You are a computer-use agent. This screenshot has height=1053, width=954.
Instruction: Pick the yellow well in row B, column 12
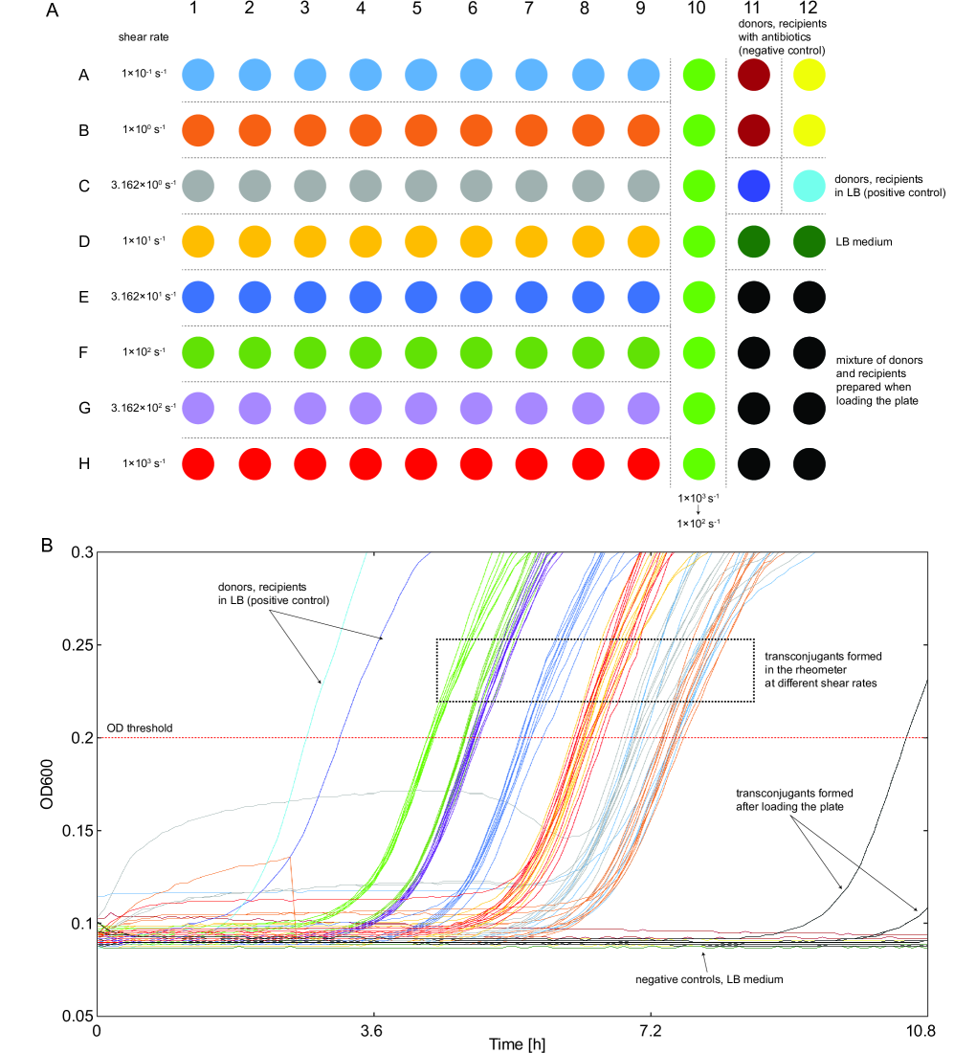click(810, 130)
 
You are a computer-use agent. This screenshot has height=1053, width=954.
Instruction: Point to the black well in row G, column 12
click(810, 408)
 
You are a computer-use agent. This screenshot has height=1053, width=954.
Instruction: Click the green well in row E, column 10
click(699, 297)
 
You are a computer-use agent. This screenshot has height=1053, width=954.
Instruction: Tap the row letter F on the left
click(84, 352)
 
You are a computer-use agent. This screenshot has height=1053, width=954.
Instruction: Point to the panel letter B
click(47, 545)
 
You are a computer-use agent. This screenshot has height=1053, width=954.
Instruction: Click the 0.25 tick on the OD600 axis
click(76, 645)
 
